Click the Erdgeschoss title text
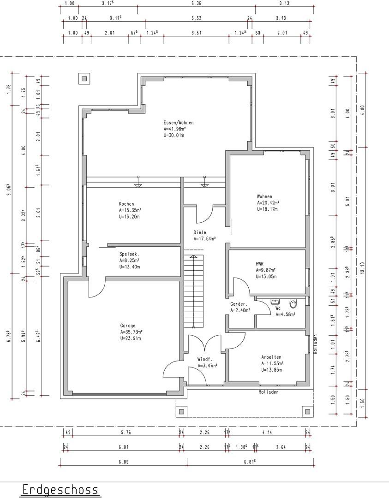click(60, 489)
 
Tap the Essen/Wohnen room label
click(178, 123)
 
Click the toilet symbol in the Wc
click(293, 303)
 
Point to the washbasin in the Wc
click(275, 301)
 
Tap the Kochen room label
click(126, 204)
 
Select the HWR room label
click(260, 264)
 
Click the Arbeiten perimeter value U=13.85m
click(272, 370)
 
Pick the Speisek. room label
click(129, 254)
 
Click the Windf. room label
click(205, 359)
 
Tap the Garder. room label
click(239, 304)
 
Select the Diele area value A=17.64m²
click(205, 238)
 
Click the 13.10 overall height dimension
click(363, 267)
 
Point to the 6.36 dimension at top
click(197, 4)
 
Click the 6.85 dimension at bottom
click(124, 462)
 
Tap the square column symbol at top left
click(84, 79)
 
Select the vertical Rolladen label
click(315, 344)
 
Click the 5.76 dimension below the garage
click(126, 432)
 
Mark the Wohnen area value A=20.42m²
click(268, 202)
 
